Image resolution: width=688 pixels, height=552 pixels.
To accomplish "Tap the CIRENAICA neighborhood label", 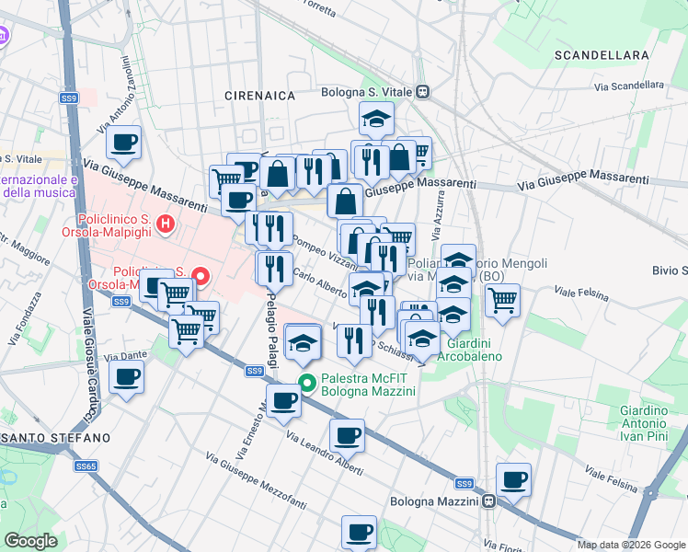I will [260, 96].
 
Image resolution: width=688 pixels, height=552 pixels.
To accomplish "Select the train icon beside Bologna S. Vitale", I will [423, 92].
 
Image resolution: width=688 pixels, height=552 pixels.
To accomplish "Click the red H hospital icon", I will [165, 222].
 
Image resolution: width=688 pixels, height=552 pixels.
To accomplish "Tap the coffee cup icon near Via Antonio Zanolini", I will [123, 143].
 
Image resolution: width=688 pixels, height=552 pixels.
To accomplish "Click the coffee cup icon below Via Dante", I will [126, 376].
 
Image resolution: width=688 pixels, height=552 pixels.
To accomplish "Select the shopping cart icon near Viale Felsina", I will [502, 299].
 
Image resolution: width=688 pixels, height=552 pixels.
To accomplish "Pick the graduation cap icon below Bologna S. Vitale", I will [376, 119].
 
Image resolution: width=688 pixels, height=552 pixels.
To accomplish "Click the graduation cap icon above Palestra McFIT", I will [302, 342].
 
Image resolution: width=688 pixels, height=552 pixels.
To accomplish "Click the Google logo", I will [31, 541].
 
